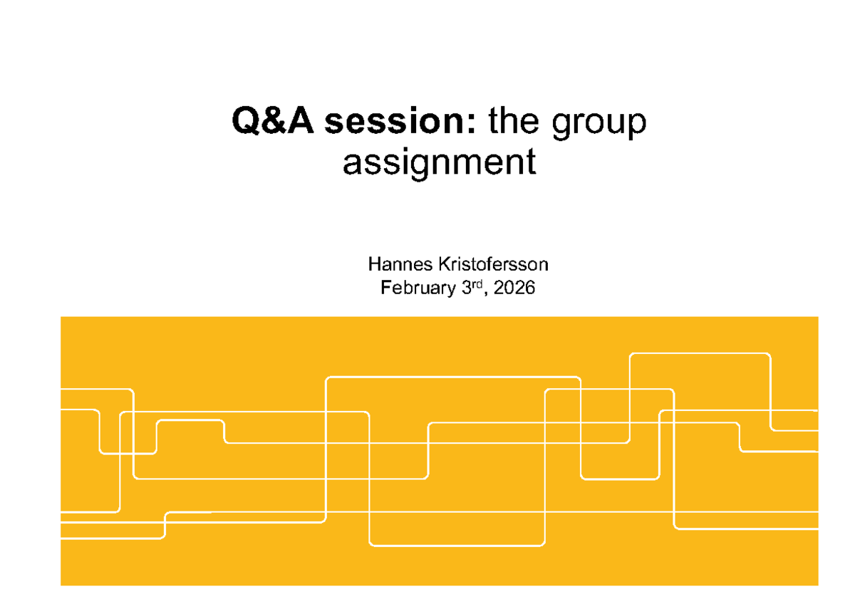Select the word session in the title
coord(394,120)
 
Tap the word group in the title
coord(599,123)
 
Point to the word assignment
coord(440,163)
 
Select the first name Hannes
coord(400,264)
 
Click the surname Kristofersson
coord(494,264)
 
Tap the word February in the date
coord(418,288)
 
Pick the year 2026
coord(514,288)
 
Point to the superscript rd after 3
coord(477,284)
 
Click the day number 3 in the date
coord(467,288)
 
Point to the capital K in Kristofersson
coord(445,264)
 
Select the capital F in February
coord(386,288)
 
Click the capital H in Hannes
coord(375,264)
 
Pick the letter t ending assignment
coord(532,164)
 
